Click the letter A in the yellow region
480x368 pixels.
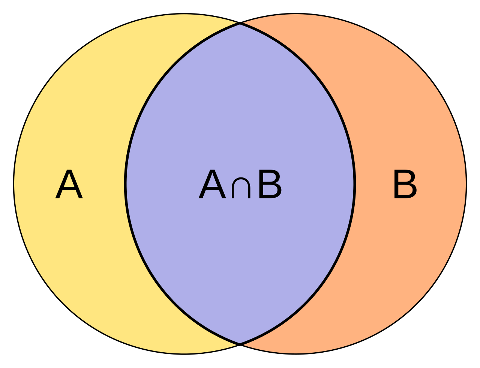coord(69,184)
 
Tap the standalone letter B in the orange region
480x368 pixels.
coord(405,184)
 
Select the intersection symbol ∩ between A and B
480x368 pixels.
coord(241,188)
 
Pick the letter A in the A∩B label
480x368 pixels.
coord(212,184)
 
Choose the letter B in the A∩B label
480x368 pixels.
coord(270,184)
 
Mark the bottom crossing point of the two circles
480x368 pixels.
coord(240,344)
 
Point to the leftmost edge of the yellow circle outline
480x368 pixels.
coord(14,184)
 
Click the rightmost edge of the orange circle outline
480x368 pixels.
coord(466,184)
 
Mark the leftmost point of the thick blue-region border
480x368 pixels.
coord(125,184)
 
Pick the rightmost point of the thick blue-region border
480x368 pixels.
coord(355,184)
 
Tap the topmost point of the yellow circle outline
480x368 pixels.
coord(184,14)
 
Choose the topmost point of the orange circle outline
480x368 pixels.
coord(296,14)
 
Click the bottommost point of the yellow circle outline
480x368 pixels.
coord(184,354)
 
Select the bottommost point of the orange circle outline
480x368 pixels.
coord(296,354)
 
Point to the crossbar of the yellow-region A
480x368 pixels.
coord(69,188)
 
